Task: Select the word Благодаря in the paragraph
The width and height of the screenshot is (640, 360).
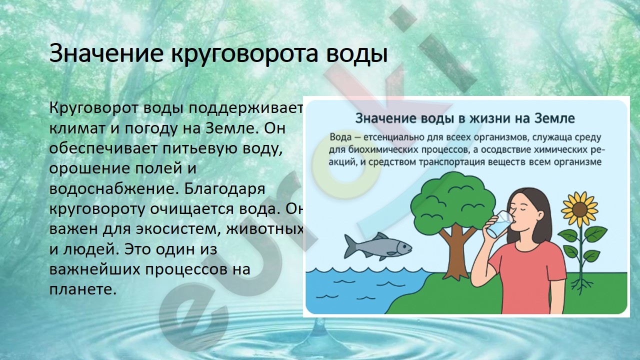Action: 224,189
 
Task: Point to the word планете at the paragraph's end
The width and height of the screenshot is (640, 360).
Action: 83,289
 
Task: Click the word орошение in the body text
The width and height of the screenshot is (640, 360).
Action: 88,169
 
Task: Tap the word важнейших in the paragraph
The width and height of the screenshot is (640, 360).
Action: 95,269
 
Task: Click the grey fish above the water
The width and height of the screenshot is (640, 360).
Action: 377,246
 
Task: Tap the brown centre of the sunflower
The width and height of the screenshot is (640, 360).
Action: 579,209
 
